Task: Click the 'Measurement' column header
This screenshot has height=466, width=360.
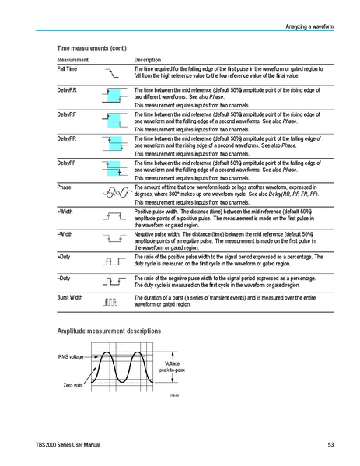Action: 72,60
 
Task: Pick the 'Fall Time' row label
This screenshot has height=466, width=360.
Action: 67,70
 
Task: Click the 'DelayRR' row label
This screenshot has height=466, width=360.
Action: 68,91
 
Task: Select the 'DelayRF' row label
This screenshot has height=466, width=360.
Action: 68,116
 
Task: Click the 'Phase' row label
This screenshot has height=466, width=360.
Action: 64,187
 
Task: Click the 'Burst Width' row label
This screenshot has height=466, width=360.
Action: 70,297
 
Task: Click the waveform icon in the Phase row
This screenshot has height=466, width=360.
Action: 112,192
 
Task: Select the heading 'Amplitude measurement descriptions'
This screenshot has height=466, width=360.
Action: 110,331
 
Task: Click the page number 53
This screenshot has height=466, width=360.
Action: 330,444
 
